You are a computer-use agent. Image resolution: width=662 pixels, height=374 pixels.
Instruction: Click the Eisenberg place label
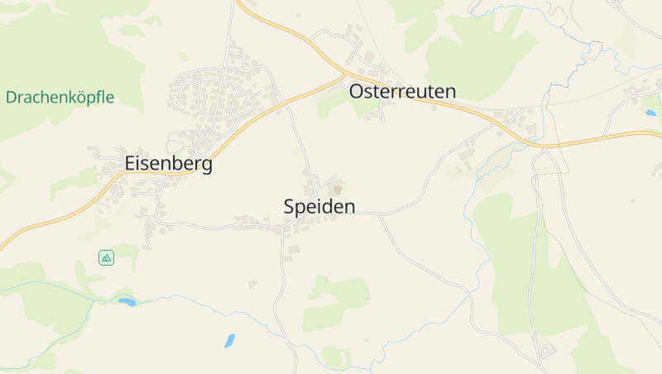(168, 164)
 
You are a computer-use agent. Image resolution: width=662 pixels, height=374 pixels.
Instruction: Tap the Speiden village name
(319, 207)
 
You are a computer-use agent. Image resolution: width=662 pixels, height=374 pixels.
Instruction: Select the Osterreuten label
(402, 91)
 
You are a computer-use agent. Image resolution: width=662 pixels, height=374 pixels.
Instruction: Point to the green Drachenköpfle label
(60, 98)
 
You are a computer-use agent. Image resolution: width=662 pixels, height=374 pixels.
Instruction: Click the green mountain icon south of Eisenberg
(106, 257)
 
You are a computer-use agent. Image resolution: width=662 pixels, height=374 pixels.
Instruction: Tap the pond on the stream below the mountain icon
(127, 302)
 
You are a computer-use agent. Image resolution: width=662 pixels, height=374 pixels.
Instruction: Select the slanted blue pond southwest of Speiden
(229, 340)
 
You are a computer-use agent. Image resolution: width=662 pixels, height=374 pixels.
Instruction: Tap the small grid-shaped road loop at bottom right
(548, 351)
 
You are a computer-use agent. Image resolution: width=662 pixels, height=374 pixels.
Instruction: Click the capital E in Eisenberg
(131, 164)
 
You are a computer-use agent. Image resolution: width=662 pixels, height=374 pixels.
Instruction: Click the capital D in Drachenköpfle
(11, 98)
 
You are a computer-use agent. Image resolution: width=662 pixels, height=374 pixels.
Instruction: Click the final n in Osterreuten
(450, 92)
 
